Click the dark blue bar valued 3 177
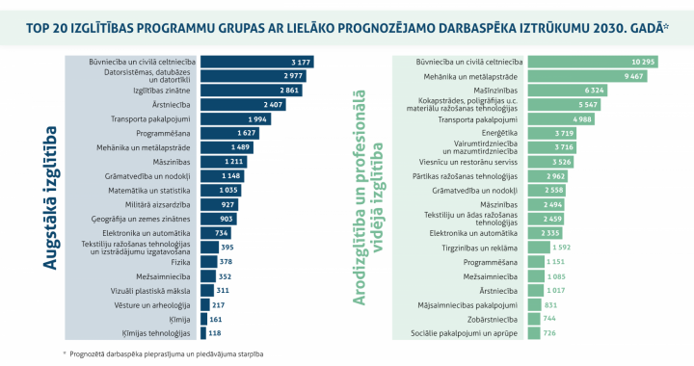(x=256, y=61)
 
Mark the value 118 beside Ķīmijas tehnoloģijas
(x=215, y=333)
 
